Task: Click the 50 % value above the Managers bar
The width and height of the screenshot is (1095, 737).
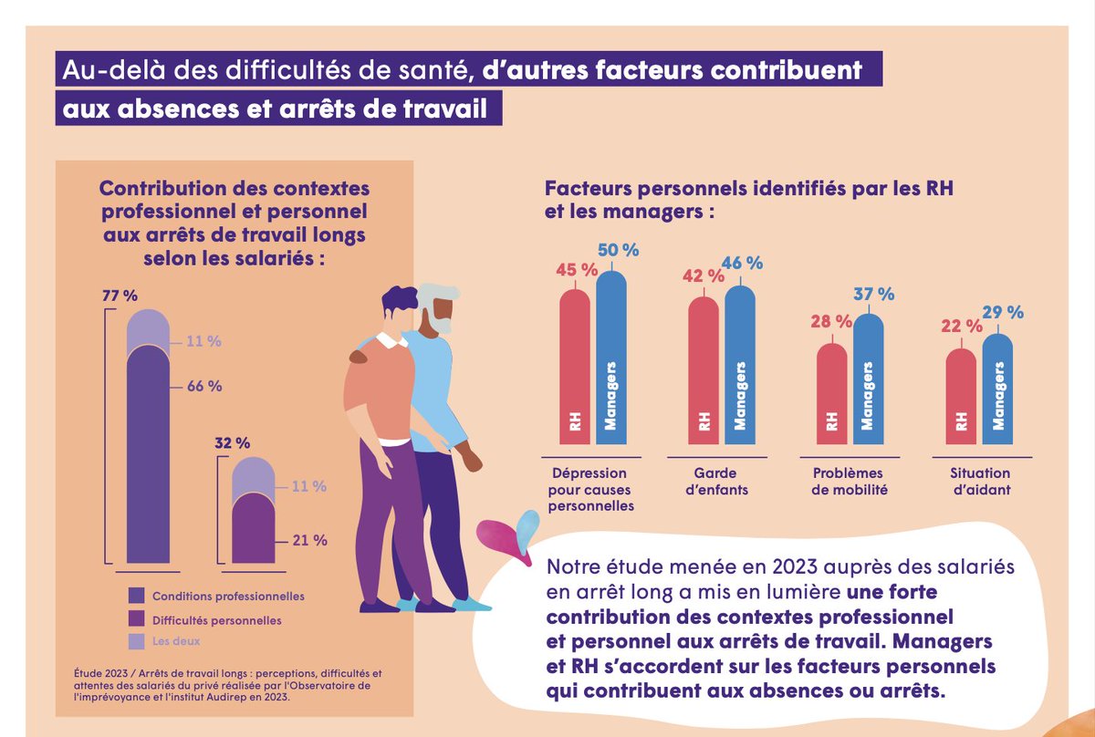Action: [x=619, y=249]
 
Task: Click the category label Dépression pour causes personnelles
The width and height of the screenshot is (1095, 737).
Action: [x=589, y=490]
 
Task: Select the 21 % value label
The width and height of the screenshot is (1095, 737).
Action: [x=310, y=540]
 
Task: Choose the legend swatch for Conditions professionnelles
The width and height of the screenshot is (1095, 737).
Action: [x=137, y=596]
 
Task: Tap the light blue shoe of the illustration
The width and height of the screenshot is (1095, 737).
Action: [x=471, y=603]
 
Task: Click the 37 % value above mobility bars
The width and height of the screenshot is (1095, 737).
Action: [x=874, y=295]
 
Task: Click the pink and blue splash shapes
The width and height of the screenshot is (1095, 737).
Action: [x=507, y=539]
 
